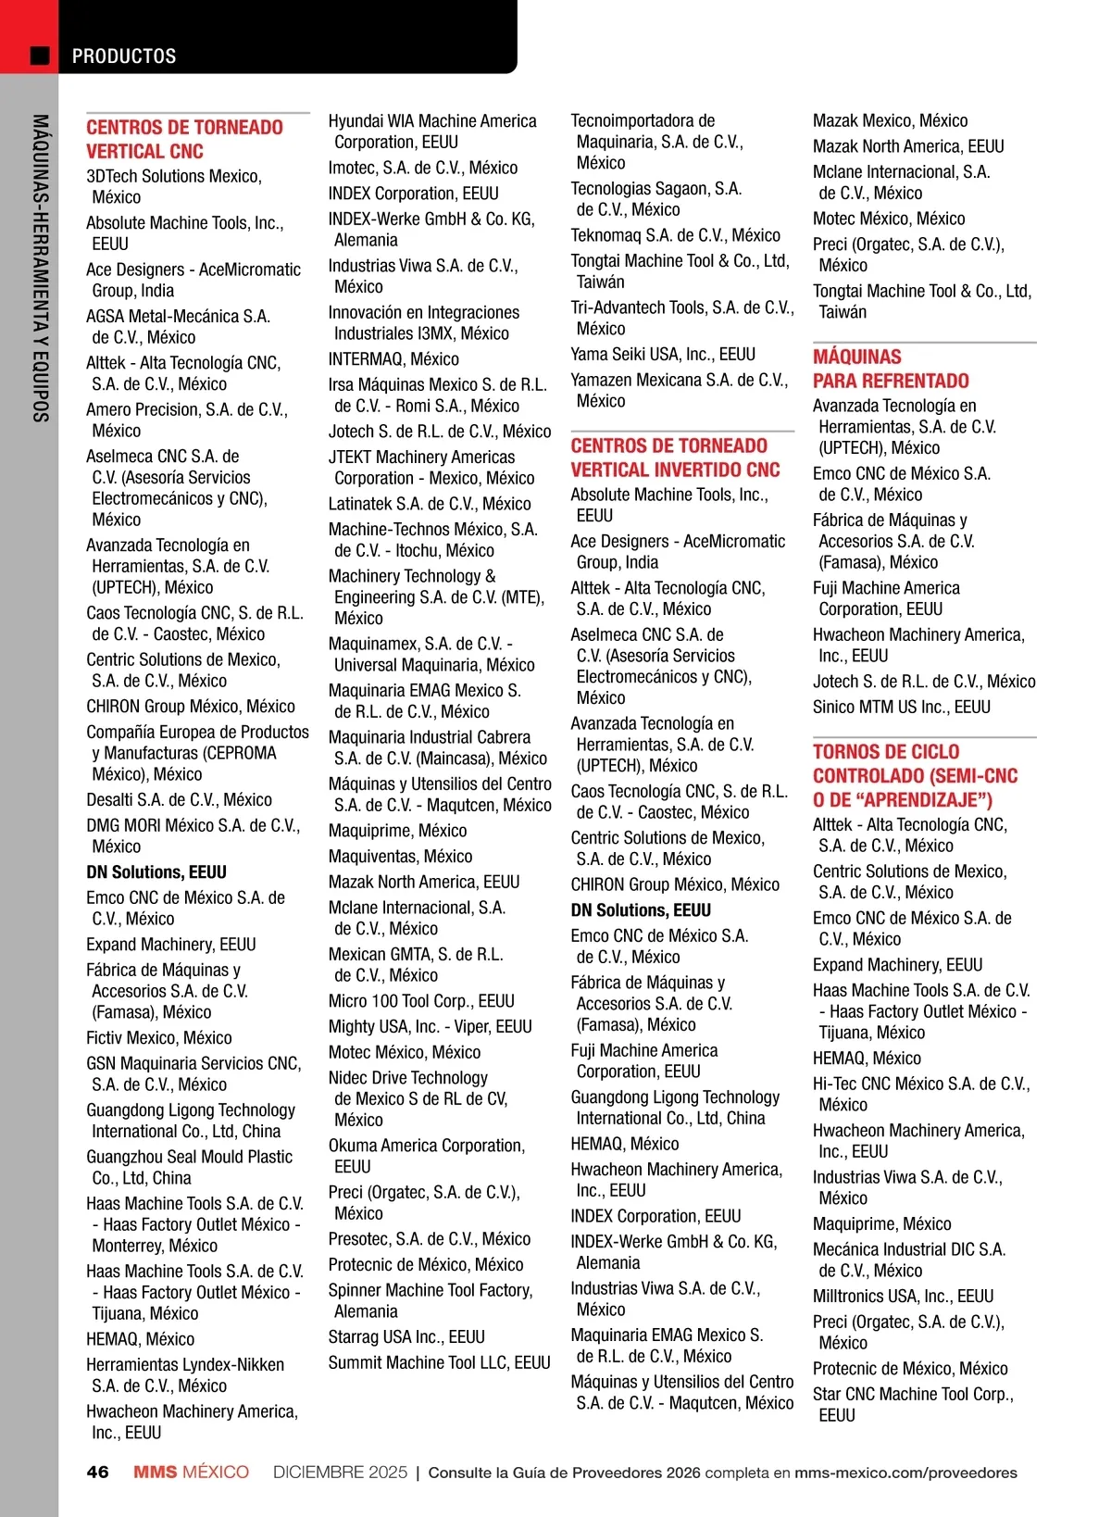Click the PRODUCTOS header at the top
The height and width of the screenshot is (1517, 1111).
(124, 56)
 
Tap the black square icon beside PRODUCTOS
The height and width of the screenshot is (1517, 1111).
(40, 56)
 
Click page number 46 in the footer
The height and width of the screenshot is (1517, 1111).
(97, 1473)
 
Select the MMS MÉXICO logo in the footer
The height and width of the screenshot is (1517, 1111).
(191, 1473)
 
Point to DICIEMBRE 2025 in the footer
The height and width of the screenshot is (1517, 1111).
(340, 1473)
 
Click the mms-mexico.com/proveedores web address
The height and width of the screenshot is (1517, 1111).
(905, 1473)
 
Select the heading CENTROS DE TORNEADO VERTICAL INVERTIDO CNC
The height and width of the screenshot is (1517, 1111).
(675, 458)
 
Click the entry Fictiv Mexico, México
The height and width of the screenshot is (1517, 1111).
(159, 1038)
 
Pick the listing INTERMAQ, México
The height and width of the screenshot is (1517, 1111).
(393, 359)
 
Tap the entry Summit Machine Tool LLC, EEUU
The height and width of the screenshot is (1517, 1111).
(439, 1363)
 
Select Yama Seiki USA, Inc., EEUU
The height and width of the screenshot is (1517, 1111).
(663, 355)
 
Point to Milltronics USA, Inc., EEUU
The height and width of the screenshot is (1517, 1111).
(903, 1297)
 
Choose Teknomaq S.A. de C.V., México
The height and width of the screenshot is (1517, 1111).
(675, 236)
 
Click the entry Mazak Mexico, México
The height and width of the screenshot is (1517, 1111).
(890, 121)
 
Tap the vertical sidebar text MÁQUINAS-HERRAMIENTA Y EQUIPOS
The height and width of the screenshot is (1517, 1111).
(40, 269)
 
